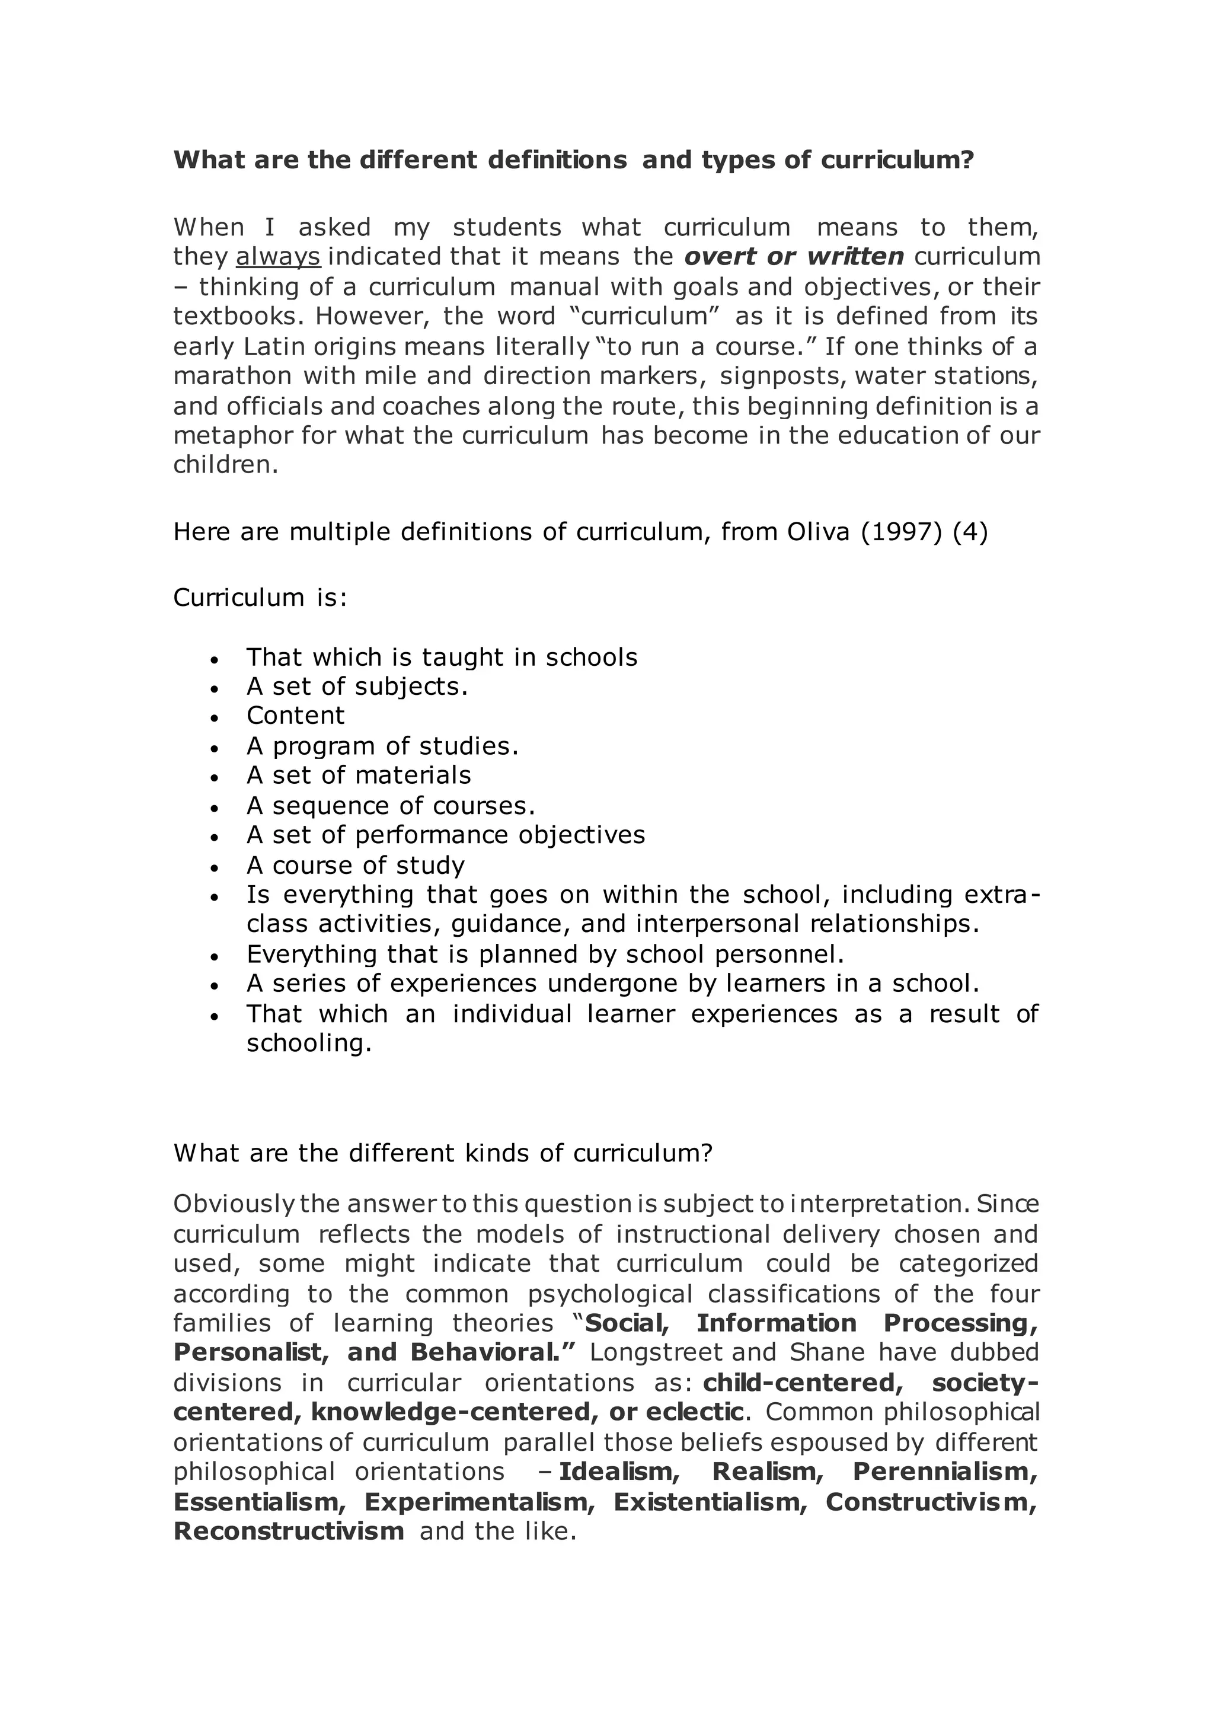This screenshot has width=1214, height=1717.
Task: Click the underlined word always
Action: pos(278,257)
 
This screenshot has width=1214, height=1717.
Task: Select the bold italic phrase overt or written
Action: pos(794,257)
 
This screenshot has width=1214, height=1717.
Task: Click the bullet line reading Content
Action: pos(295,716)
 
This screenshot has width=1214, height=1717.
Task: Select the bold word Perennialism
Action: pos(945,1471)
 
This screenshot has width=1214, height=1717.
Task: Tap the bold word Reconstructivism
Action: pos(289,1531)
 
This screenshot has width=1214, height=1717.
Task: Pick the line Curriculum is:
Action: pos(260,598)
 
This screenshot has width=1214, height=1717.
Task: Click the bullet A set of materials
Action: pos(359,775)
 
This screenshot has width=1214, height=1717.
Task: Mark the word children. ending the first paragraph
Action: pos(226,465)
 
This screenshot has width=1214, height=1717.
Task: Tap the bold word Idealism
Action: pos(619,1471)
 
